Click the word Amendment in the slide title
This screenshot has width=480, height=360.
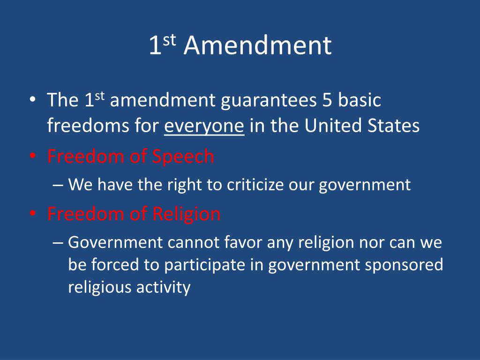pos(257,46)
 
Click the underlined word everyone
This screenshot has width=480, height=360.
pos(204,126)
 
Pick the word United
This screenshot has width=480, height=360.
pos(333,126)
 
